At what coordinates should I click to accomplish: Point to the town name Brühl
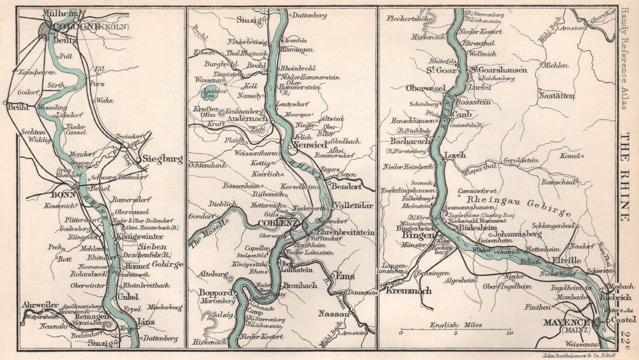(18, 108)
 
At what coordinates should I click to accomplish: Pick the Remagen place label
(89, 315)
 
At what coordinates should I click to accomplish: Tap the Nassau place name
(334, 314)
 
